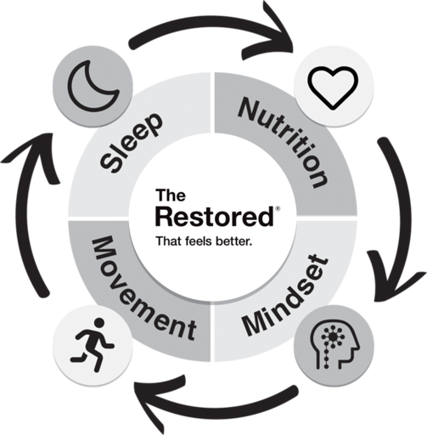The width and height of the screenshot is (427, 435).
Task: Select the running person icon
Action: tap(92, 345)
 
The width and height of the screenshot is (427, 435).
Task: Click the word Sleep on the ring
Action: tap(132, 143)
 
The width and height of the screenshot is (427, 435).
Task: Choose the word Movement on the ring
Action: tap(143, 291)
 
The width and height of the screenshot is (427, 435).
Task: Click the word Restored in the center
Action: tap(215, 217)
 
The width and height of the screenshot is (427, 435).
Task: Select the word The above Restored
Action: tap(171, 195)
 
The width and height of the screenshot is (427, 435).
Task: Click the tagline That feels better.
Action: tap(204, 241)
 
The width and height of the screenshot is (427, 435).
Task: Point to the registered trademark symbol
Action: tap(278, 209)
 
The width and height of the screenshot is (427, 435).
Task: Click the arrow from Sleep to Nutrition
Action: tap(210, 22)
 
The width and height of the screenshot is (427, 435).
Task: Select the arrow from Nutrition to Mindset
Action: tap(403, 218)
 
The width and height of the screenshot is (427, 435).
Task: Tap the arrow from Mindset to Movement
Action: tap(215, 407)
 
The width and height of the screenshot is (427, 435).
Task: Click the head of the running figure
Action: tap(99, 323)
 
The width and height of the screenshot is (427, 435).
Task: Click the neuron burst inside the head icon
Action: tap(334, 336)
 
